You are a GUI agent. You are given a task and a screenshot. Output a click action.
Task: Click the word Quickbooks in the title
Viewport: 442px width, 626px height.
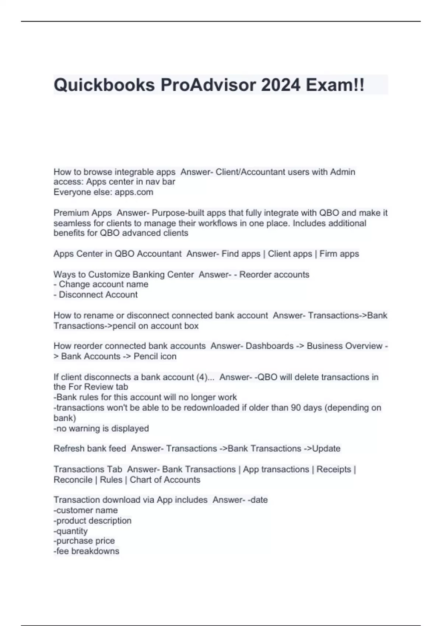(x=104, y=85)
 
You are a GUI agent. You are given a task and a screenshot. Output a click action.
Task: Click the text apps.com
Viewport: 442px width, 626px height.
(x=134, y=192)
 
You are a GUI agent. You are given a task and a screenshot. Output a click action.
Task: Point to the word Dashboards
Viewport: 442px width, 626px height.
(x=270, y=346)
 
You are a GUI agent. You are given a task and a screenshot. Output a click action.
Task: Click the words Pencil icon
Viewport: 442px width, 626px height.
(x=155, y=356)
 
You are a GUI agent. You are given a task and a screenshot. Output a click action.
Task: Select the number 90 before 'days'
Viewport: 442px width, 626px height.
(x=296, y=408)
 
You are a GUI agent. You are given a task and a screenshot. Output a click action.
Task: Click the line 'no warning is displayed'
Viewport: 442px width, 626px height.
(x=101, y=429)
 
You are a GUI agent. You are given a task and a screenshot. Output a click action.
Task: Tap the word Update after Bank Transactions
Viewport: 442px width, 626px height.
(x=326, y=449)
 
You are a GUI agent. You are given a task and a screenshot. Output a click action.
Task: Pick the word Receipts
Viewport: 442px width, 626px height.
(x=334, y=469)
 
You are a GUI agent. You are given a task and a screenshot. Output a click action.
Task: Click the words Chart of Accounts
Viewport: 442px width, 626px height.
(x=165, y=480)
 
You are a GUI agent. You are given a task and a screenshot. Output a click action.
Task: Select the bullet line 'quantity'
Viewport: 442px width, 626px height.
(x=71, y=531)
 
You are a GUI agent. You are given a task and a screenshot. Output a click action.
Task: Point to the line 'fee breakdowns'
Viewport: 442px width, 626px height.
(x=87, y=551)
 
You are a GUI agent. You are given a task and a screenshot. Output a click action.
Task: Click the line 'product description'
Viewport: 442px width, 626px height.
(x=92, y=521)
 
